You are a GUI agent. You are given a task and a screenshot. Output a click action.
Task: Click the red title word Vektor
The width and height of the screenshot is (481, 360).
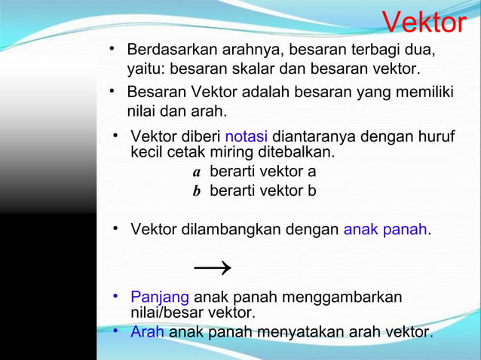424,23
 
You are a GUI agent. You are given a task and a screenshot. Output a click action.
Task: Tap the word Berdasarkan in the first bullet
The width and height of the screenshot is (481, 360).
172,50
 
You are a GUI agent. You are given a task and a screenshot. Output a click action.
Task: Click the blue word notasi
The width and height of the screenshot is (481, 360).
246,137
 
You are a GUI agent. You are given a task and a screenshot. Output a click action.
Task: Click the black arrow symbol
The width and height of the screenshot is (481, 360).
213,267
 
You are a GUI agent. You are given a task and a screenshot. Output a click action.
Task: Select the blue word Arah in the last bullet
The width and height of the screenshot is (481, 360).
147,332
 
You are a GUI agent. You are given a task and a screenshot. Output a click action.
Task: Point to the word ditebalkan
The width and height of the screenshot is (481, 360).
296,152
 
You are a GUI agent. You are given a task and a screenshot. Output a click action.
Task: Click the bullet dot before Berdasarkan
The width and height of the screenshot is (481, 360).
112,50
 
